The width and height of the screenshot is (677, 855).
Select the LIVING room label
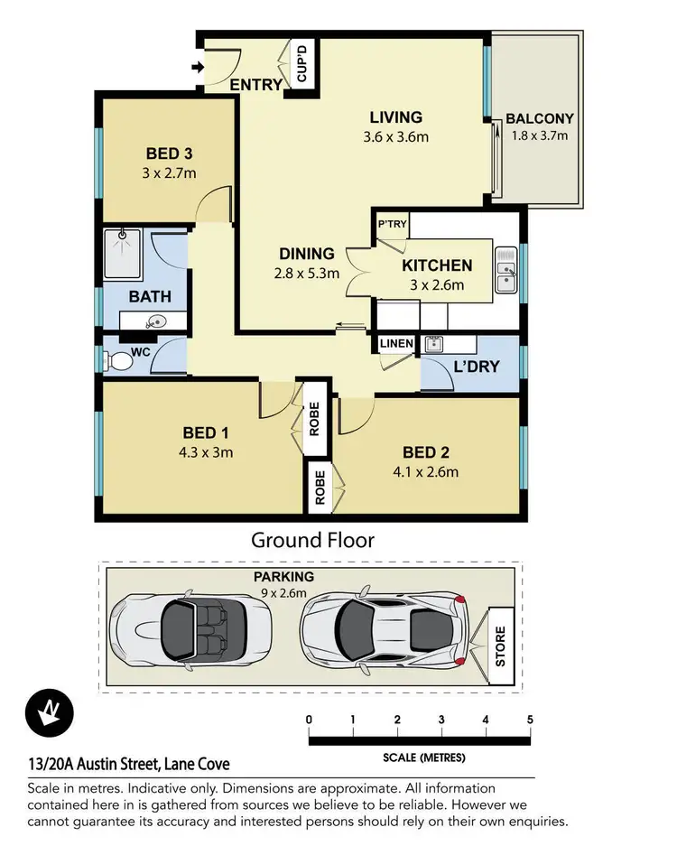pos(396,117)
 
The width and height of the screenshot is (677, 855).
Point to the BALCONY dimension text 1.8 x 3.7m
pos(539,136)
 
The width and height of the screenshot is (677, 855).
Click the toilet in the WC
pos(119,361)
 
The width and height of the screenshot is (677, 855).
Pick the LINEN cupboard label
pos(396,344)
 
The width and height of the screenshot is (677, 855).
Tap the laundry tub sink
pos(435,344)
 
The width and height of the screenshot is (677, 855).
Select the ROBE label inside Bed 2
pos(319,487)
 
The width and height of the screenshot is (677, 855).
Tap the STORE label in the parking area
pos(502,644)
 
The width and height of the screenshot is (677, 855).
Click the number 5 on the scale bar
pos(530,720)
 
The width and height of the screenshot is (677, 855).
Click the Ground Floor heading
pos(312,540)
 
